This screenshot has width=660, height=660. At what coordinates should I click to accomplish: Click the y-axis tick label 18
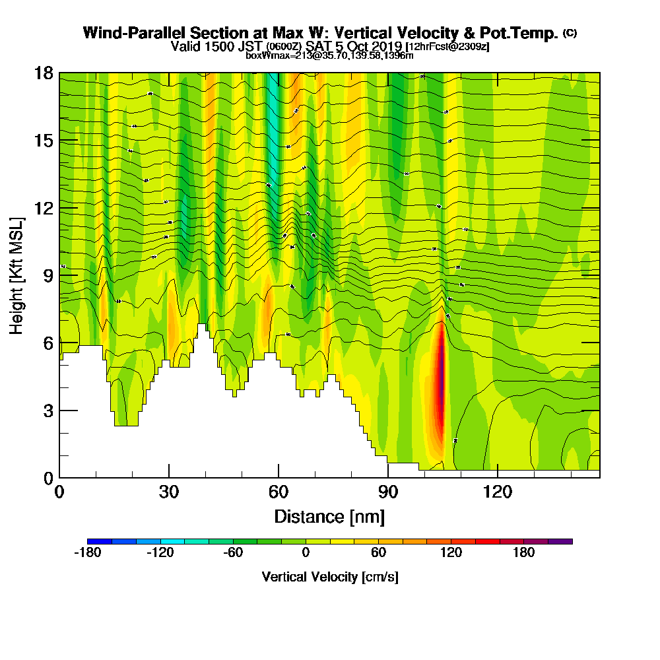click(44, 73)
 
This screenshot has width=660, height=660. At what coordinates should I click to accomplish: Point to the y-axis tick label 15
click(44, 141)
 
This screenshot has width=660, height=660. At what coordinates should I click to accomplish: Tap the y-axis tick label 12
click(44, 208)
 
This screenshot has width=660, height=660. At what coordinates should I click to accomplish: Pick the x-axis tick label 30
click(169, 492)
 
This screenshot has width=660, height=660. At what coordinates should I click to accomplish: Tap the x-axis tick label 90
click(388, 492)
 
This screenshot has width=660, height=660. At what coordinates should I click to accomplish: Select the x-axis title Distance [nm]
click(329, 516)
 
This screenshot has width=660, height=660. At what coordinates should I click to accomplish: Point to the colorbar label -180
click(87, 552)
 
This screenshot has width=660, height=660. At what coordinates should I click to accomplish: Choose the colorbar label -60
click(233, 552)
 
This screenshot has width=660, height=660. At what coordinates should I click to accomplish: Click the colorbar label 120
click(451, 552)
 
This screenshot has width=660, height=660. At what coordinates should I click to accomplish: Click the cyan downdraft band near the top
click(272, 132)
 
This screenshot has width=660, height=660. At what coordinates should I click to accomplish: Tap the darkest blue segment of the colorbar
click(99, 541)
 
